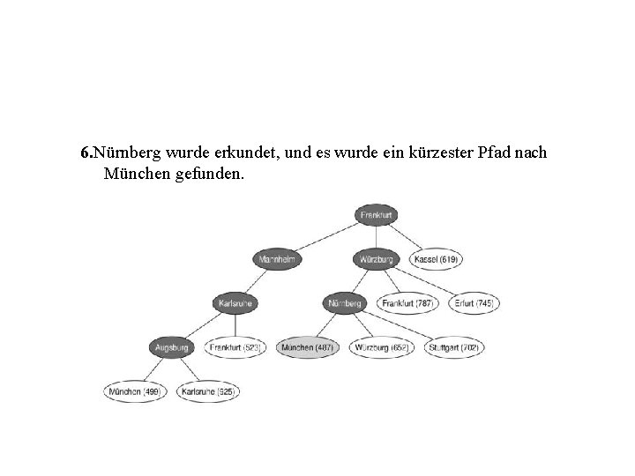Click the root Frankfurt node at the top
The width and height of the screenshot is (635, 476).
pos(377,215)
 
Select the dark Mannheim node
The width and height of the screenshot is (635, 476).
pos(276,259)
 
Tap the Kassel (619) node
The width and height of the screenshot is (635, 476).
pos(437,259)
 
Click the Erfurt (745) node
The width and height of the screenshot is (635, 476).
pos(474,303)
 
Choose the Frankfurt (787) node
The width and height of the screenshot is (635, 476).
pos(407,303)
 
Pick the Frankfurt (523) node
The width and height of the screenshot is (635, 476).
pos(235,347)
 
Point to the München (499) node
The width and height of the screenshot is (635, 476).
pos(134,390)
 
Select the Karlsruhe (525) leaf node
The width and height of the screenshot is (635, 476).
pos(208,390)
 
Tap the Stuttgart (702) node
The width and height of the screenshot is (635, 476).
pos(455,347)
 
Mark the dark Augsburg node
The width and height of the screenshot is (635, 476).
pos(172,347)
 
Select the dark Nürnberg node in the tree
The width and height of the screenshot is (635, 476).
pos(344,303)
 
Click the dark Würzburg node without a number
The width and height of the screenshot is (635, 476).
pos(377,259)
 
